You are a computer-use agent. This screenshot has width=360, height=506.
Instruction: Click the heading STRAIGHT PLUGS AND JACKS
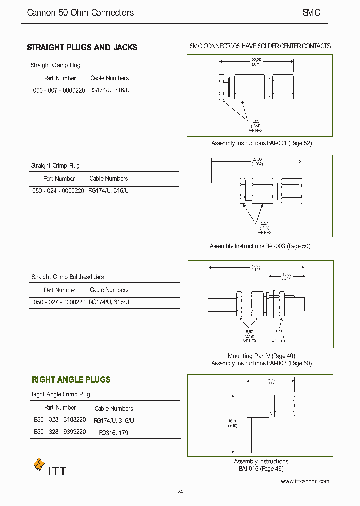(x=82, y=48)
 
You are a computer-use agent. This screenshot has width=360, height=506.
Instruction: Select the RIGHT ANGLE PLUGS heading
(x=71, y=380)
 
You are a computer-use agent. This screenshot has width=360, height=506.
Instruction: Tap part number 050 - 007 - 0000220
(x=59, y=91)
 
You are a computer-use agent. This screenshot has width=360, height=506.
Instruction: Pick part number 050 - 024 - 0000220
(x=58, y=191)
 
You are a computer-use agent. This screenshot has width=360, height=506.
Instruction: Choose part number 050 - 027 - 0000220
(x=59, y=302)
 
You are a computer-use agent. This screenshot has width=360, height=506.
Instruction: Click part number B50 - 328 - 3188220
(x=60, y=420)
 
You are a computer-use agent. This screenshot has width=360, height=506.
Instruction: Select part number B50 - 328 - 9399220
(x=60, y=431)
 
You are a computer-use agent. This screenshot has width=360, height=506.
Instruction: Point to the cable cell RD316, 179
(x=113, y=432)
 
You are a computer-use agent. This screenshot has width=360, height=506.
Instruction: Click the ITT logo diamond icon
(x=39, y=464)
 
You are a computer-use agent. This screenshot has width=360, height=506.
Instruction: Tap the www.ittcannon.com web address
(x=305, y=481)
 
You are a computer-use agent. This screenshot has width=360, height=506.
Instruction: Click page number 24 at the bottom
(x=180, y=492)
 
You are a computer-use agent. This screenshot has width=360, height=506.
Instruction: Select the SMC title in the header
(x=311, y=13)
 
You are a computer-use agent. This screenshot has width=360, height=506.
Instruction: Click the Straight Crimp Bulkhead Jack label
(x=68, y=277)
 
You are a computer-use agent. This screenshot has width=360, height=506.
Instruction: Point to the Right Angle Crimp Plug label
(x=61, y=394)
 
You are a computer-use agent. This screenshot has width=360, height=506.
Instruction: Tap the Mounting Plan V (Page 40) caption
(x=261, y=356)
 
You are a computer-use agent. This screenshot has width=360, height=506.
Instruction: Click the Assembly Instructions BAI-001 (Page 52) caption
(x=261, y=143)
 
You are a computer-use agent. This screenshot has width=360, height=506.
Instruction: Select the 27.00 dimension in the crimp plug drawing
(x=257, y=159)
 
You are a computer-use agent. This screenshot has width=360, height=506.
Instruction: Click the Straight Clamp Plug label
(x=55, y=65)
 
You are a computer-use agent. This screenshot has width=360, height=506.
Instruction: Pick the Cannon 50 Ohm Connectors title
(x=80, y=13)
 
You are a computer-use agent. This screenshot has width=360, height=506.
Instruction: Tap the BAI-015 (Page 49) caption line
(x=261, y=469)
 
